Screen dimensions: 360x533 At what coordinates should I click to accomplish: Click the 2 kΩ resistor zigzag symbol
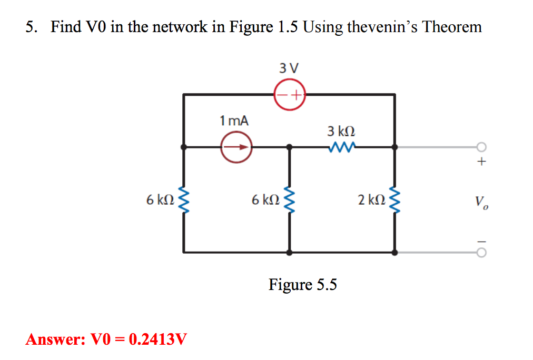point(394,200)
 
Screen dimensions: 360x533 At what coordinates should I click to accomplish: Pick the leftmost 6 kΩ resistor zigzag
point(183,200)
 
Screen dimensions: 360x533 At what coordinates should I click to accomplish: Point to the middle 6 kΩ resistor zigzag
point(289,200)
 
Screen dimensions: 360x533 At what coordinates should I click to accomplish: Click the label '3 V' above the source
point(289,68)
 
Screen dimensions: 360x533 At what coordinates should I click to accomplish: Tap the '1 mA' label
point(234,121)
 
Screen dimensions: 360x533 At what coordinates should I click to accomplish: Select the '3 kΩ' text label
point(341,131)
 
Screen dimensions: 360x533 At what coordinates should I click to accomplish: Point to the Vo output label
point(481,201)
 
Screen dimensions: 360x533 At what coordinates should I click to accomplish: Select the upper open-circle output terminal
point(481,147)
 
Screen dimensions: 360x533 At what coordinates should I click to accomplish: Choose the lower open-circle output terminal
point(481,253)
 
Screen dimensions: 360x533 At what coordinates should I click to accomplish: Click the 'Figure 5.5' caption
point(303,285)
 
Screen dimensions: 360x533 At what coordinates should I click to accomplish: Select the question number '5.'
point(32,27)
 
